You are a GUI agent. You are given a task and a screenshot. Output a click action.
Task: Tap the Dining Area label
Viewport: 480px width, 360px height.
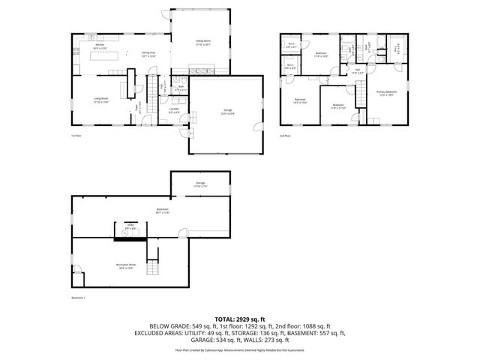pyautogui.click(x=148, y=54)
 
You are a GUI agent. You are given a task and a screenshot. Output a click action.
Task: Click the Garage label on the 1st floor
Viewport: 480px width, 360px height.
pyautogui.click(x=227, y=113)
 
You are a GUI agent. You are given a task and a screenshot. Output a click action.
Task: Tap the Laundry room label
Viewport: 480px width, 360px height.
pyautogui.click(x=173, y=110)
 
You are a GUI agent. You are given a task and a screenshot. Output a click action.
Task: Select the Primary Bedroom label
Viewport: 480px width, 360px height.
pyautogui.click(x=387, y=93)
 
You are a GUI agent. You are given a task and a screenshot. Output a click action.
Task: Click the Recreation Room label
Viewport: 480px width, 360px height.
pyautogui.click(x=125, y=265)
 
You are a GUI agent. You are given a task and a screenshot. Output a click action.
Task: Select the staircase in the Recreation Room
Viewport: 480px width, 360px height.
pyautogui.click(x=153, y=268)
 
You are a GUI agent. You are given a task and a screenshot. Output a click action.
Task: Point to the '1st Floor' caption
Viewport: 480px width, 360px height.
pyautogui.click(x=76, y=136)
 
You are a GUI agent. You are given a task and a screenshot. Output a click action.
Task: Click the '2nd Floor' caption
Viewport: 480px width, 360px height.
pyautogui.click(x=284, y=136)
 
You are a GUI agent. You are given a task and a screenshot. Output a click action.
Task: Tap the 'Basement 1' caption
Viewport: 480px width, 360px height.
pyautogui.click(x=79, y=298)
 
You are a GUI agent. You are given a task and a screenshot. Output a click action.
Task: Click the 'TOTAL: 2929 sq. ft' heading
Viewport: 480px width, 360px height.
pyautogui.click(x=240, y=319)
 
